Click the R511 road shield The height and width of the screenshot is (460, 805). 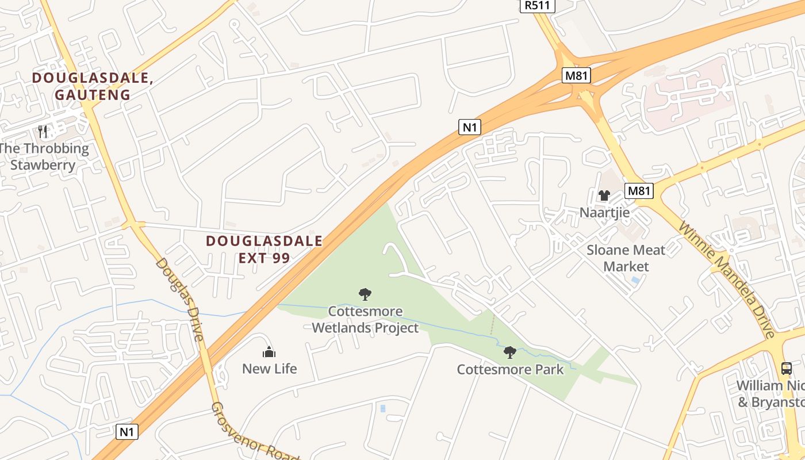pos(537,6)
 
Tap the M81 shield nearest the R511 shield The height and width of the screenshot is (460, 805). pos(577,75)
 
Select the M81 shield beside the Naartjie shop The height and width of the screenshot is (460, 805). pos(639,191)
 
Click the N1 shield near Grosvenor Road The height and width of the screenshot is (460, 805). pos(127,431)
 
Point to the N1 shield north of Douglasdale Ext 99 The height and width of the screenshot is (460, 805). pos(469,127)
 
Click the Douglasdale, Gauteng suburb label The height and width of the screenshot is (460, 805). pos(93,86)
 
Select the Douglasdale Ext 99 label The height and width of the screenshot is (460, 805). pos(264,249)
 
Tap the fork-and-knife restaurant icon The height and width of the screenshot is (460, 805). pos(43,132)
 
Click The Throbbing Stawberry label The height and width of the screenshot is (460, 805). pos(44,156)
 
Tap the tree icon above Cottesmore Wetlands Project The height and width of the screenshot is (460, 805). pos(365,295)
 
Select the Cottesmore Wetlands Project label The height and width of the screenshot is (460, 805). pos(365,320)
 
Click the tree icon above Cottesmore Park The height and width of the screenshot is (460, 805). pos(509,352)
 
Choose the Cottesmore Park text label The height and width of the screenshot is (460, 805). pos(511,369)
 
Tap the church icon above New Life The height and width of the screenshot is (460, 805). pos(269,352)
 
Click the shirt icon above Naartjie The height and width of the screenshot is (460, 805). pos(604,195)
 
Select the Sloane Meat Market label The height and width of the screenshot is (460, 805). pos(626,258)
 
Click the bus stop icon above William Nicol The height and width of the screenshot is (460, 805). pos(786,369)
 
